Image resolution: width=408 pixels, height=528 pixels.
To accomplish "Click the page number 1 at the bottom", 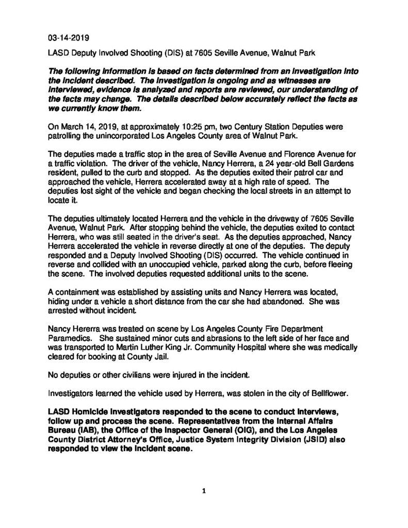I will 204,491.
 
